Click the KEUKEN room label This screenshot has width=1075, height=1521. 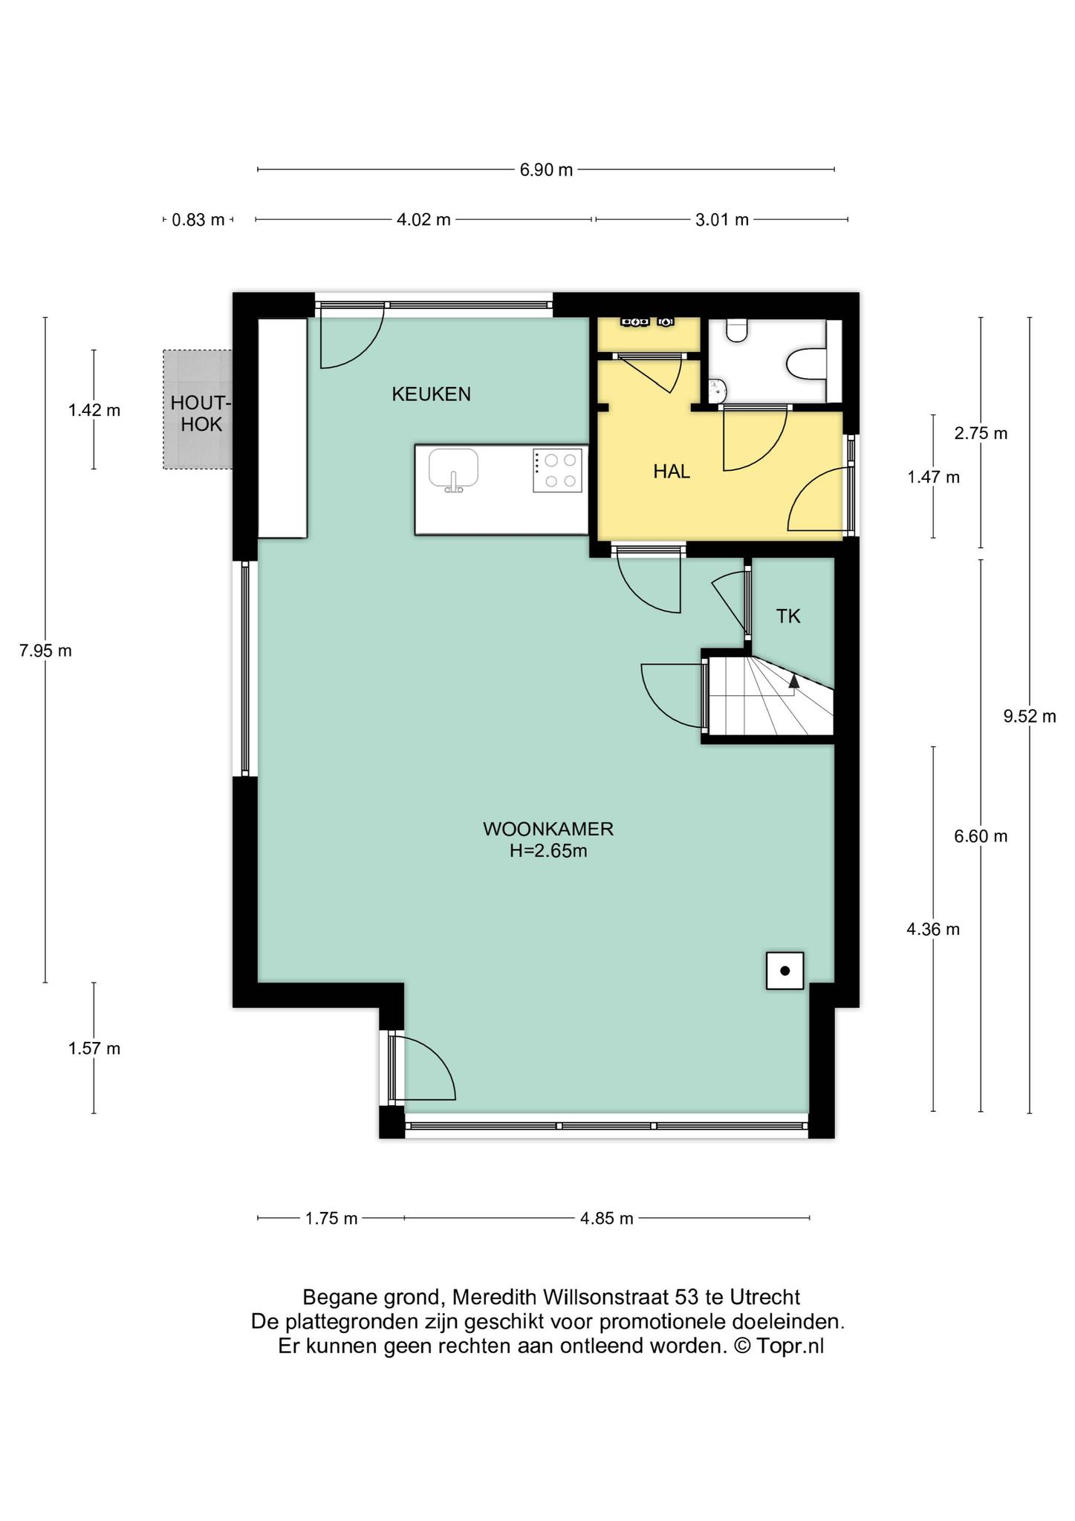click(x=431, y=394)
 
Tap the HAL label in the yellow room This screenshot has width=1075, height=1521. click(x=672, y=472)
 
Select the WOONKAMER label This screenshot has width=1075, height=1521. click(x=548, y=829)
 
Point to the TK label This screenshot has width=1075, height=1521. click(x=788, y=616)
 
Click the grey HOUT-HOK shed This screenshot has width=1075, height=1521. click(x=198, y=409)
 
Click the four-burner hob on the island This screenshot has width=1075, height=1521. click(x=557, y=470)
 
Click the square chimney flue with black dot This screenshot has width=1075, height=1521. click(x=785, y=971)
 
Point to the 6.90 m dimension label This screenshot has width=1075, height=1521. click(x=546, y=170)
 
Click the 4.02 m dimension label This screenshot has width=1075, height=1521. click(x=423, y=220)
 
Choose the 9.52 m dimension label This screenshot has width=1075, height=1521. click(x=1029, y=717)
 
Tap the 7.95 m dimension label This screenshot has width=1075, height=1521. click(x=45, y=651)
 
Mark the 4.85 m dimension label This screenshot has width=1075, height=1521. click(x=606, y=1219)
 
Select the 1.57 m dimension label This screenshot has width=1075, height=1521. click(x=94, y=1049)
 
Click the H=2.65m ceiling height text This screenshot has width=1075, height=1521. click(x=548, y=851)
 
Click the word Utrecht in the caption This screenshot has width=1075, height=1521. click(x=765, y=1297)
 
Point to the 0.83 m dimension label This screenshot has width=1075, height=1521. click(x=198, y=220)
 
